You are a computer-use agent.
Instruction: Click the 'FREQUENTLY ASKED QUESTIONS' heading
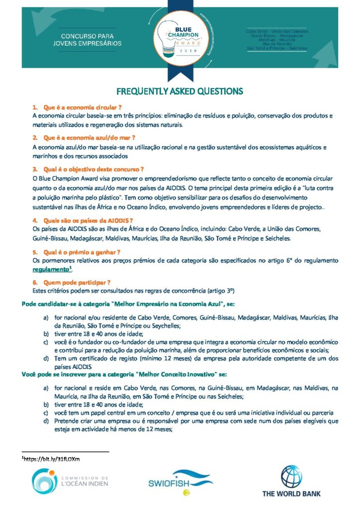pos(180,91)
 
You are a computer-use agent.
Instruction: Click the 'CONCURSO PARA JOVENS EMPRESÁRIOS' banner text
pos(90,40)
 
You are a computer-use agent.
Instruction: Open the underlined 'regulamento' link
pos(49,269)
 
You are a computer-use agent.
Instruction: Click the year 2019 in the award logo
pos(180,51)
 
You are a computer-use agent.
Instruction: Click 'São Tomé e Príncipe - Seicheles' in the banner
pos(277,49)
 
